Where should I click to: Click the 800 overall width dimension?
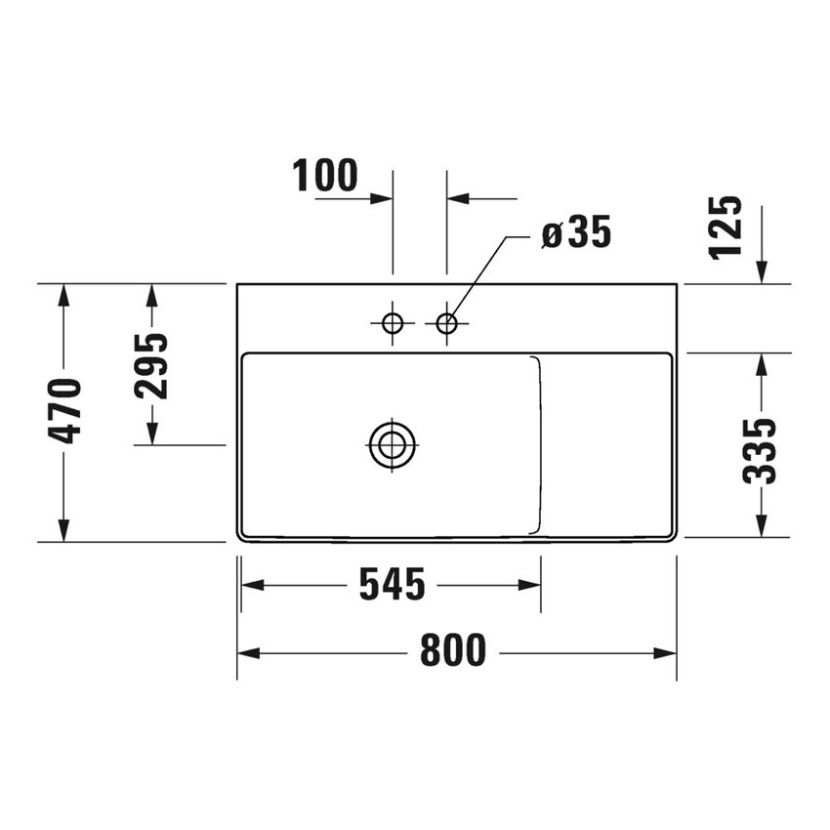(453, 651)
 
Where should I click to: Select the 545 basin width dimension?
(392, 585)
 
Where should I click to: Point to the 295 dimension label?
(151, 365)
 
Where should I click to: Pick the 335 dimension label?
(760, 450)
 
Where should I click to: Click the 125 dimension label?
(726, 227)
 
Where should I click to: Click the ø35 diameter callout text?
(575, 233)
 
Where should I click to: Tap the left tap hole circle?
(393, 323)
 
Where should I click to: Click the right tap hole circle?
(447, 323)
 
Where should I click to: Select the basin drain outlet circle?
(393, 445)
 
